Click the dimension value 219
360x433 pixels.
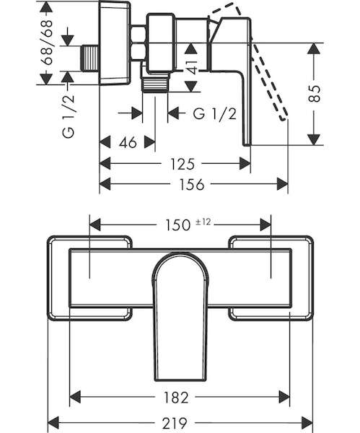(175, 423)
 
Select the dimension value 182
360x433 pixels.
(176, 398)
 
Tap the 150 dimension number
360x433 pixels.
(178, 224)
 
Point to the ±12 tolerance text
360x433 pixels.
(203, 222)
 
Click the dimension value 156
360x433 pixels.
(192, 184)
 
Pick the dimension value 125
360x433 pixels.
(183, 164)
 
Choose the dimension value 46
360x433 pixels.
(128, 142)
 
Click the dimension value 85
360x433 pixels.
(315, 94)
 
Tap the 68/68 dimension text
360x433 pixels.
(46, 43)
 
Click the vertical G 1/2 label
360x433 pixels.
(69, 116)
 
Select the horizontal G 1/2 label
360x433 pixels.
(215, 113)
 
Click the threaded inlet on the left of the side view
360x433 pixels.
(91, 58)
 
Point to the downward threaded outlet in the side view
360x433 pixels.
(154, 82)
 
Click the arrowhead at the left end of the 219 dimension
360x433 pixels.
(53, 423)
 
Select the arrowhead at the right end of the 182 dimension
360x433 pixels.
(284, 398)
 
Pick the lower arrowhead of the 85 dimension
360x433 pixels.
(314, 139)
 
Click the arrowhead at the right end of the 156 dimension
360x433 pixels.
(282, 184)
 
